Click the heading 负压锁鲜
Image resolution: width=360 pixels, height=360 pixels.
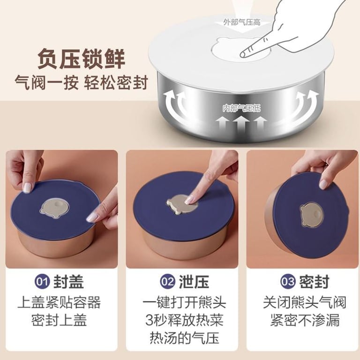(x=81, y=59)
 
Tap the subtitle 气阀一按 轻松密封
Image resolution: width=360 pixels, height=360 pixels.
(x=81, y=82)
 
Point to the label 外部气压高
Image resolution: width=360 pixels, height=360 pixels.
(x=242, y=22)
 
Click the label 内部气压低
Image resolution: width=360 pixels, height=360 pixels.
(x=241, y=108)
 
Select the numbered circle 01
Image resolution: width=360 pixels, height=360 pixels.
(x=42, y=281)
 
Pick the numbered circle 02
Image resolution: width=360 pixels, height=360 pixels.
(x=167, y=281)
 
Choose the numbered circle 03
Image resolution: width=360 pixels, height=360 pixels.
(x=287, y=281)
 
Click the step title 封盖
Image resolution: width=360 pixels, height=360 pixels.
(x=68, y=281)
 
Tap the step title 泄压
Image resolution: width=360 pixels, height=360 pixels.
(x=194, y=281)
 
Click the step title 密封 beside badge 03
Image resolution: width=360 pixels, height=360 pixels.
(x=314, y=281)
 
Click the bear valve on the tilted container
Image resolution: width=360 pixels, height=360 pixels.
(x=312, y=215)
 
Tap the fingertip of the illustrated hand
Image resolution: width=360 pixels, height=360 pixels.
(x=243, y=54)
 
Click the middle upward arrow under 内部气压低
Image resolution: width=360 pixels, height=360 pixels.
(x=241, y=126)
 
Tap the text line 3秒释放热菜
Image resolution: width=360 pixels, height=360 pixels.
(x=184, y=321)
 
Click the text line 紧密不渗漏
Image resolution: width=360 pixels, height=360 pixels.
(x=305, y=321)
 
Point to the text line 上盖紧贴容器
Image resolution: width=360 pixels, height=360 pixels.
(x=59, y=303)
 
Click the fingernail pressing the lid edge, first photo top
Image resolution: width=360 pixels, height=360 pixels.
(x=27, y=187)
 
